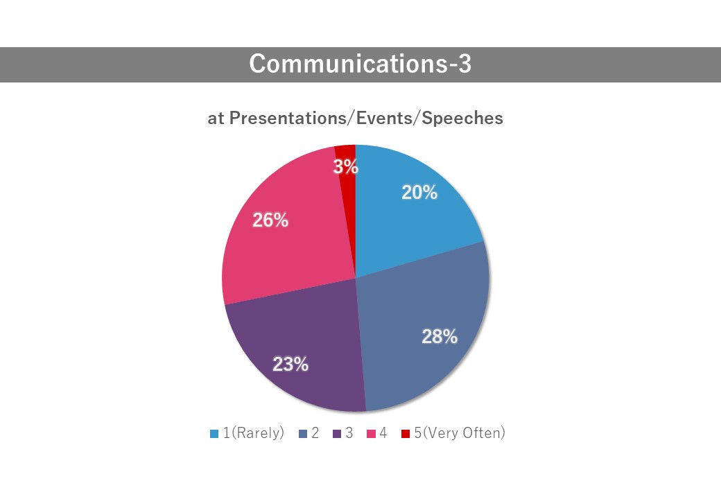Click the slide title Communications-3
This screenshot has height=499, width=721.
pyautogui.click(x=360, y=63)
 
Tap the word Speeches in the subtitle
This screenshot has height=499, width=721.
pyautogui.click(x=462, y=118)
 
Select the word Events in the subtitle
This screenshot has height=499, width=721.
pyautogui.click(x=384, y=118)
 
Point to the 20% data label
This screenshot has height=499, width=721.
pyautogui.click(x=419, y=193)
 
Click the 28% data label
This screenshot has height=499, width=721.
pyautogui.click(x=440, y=337)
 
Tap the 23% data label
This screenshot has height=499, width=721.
pyautogui.click(x=290, y=365)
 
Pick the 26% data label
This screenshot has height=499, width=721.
pyautogui.click(x=270, y=220)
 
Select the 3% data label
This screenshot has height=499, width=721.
pyautogui.click(x=346, y=167)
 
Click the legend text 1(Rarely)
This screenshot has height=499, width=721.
pyautogui.click(x=254, y=433)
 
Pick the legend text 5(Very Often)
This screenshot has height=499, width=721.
pyautogui.click(x=460, y=433)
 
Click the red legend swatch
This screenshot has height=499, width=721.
pyautogui.click(x=406, y=434)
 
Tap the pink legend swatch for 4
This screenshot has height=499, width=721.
pyautogui.click(x=371, y=434)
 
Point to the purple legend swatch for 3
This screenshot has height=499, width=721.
pyautogui.click(x=337, y=434)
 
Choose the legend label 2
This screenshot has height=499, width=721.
pyautogui.click(x=315, y=433)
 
